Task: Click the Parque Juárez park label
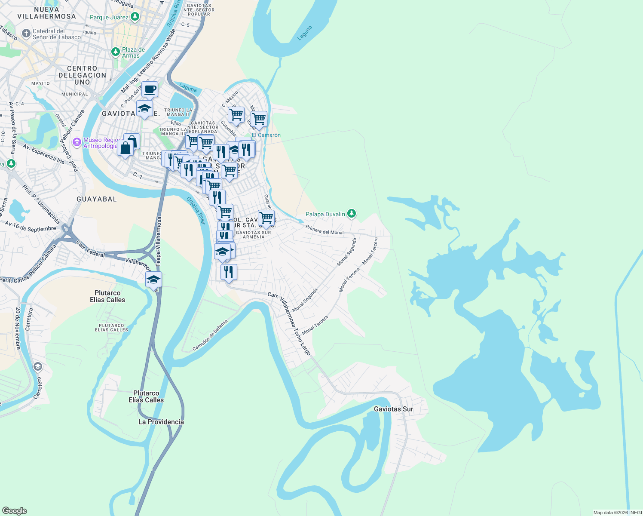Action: (x=109, y=18)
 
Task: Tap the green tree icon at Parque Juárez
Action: (x=135, y=17)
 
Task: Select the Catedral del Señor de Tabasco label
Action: (x=57, y=34)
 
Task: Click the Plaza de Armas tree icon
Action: (x=115, y=52)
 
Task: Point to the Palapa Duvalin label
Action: (x=325, y=214)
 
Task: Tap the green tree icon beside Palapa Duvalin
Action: (x=352, y=213)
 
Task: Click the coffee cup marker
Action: (x=150, y=90)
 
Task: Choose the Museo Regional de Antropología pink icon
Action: (x=77, y=142)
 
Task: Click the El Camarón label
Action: (x=266, y=135)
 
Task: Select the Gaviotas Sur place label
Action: (x=393, y=409)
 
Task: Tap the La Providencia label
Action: (x=161, y=422)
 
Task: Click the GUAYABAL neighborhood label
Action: (x=97, y=199)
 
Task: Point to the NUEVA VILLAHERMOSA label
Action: (x=46, y=13)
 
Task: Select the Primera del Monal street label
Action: (x=325, y=230)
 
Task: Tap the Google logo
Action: (x=15, y=510)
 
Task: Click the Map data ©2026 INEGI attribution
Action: (x=617, y=513)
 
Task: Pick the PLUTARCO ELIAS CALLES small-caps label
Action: (x=112, y=328)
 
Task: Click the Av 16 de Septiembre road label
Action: (x=31, y=226)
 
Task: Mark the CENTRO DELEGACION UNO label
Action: (x=82, y=75)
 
